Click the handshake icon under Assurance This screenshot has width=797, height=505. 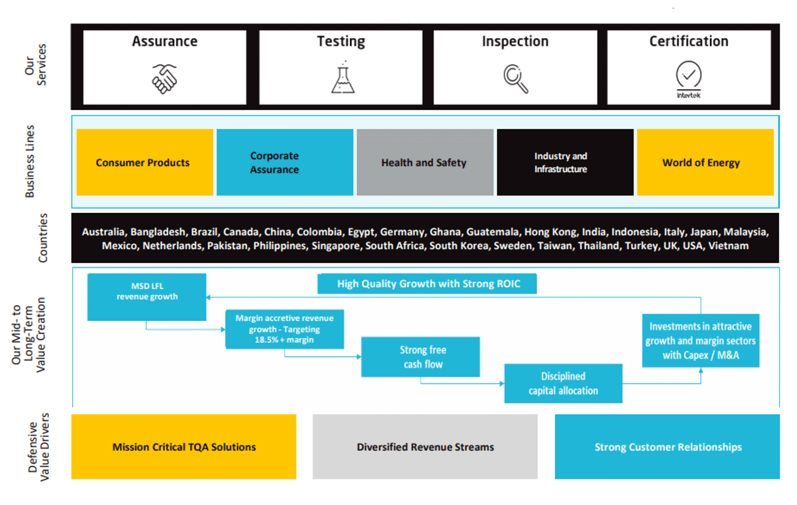(165, 79)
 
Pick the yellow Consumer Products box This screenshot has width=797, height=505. (144, 162)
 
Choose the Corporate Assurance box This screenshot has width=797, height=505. (285, 162)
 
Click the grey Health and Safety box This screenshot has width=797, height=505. (424, 162)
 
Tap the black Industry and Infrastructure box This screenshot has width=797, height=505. (564, 162)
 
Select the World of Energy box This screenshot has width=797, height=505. (704, 162)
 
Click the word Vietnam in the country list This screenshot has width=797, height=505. (728, 246)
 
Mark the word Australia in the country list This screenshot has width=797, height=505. (104, 232)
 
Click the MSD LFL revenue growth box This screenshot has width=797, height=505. (147, 297)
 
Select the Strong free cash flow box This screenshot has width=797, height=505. (420, 357)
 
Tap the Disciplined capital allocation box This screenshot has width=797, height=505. (563, 383)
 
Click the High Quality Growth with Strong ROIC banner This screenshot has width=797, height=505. (427, 284)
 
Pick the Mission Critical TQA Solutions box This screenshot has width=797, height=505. (184, 447)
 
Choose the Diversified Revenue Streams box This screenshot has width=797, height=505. (425, 447)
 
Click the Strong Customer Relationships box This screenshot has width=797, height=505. (667, 447)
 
